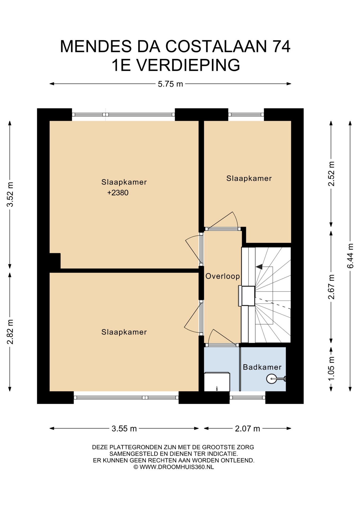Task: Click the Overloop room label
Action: point(223,276)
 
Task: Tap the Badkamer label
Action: point(262,367)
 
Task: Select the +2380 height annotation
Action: point(118,193)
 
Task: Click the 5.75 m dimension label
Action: point(170,84)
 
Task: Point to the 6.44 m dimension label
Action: point(350,256)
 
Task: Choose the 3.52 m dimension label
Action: point(10,195)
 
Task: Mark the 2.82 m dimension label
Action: point(10,332)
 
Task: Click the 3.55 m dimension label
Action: point(124,429)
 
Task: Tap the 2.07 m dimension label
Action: point(248,429)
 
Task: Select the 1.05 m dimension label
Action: point(331,368)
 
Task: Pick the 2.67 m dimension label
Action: point(331,287)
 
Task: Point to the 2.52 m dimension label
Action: point(331,174)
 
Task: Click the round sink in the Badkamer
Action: point(271,379)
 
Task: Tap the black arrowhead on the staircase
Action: point(259,267)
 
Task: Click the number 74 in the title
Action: point(282,46)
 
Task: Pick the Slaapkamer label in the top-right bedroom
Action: point(249,178)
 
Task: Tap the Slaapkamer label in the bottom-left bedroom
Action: point(124,332)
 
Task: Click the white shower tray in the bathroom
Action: point(217,382)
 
